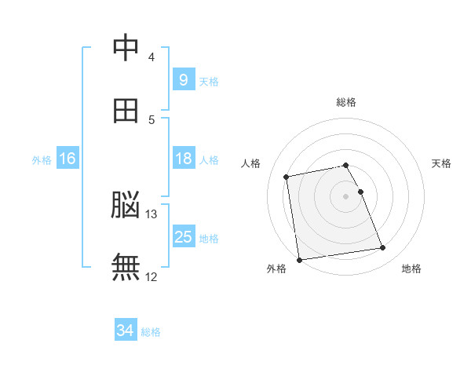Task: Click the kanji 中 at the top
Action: (x=126, y=48)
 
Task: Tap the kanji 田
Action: (x=126, y=111)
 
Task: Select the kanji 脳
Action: (x=126, y=206)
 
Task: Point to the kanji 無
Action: (x=126, y=268)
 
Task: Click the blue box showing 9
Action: (x=183, y=79)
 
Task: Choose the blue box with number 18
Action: (x=183, y=159)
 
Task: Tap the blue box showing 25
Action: (x=183, y=237)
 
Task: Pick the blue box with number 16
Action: (x=68, y=159)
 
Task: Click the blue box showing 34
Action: (x=126, y=331)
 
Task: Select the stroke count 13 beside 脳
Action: (x=152, y=214)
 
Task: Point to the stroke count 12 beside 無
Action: (x=152, y=276)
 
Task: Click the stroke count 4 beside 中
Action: (x=152, y=57)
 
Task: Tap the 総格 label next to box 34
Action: (x=151, y=332)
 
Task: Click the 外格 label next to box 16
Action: (x=42, y=159)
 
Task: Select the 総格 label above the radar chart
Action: (x=346, y=102)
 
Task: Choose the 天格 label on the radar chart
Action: (x=442, y=163)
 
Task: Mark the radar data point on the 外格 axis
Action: (x=299, y=260)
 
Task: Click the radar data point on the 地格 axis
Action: (x=383, y=248)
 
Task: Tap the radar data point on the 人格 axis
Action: (x=287, y=177)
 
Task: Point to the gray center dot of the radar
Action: (x=346, y=196)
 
